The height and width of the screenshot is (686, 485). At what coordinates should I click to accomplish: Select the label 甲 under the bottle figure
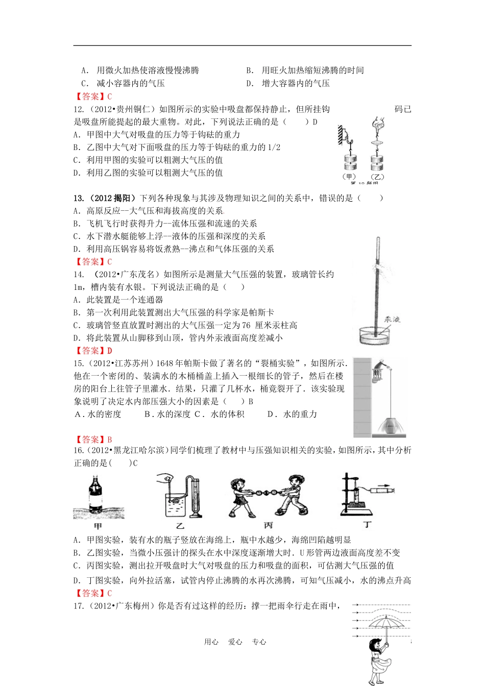tap(98, 526)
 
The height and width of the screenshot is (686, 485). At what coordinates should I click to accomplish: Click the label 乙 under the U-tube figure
tap(180, 526)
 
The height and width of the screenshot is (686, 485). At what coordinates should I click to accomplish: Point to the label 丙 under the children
tap(268, 525)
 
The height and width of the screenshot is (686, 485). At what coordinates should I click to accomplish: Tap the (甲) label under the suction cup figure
tap(349, 177)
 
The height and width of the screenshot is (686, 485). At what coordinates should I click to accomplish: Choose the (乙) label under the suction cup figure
tap(377, 177)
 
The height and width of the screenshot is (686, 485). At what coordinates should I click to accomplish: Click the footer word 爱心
tap(235, 642)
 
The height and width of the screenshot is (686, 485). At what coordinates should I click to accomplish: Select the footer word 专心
tap(259, 642)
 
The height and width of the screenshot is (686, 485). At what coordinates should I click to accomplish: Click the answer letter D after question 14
tap(109, 351)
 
